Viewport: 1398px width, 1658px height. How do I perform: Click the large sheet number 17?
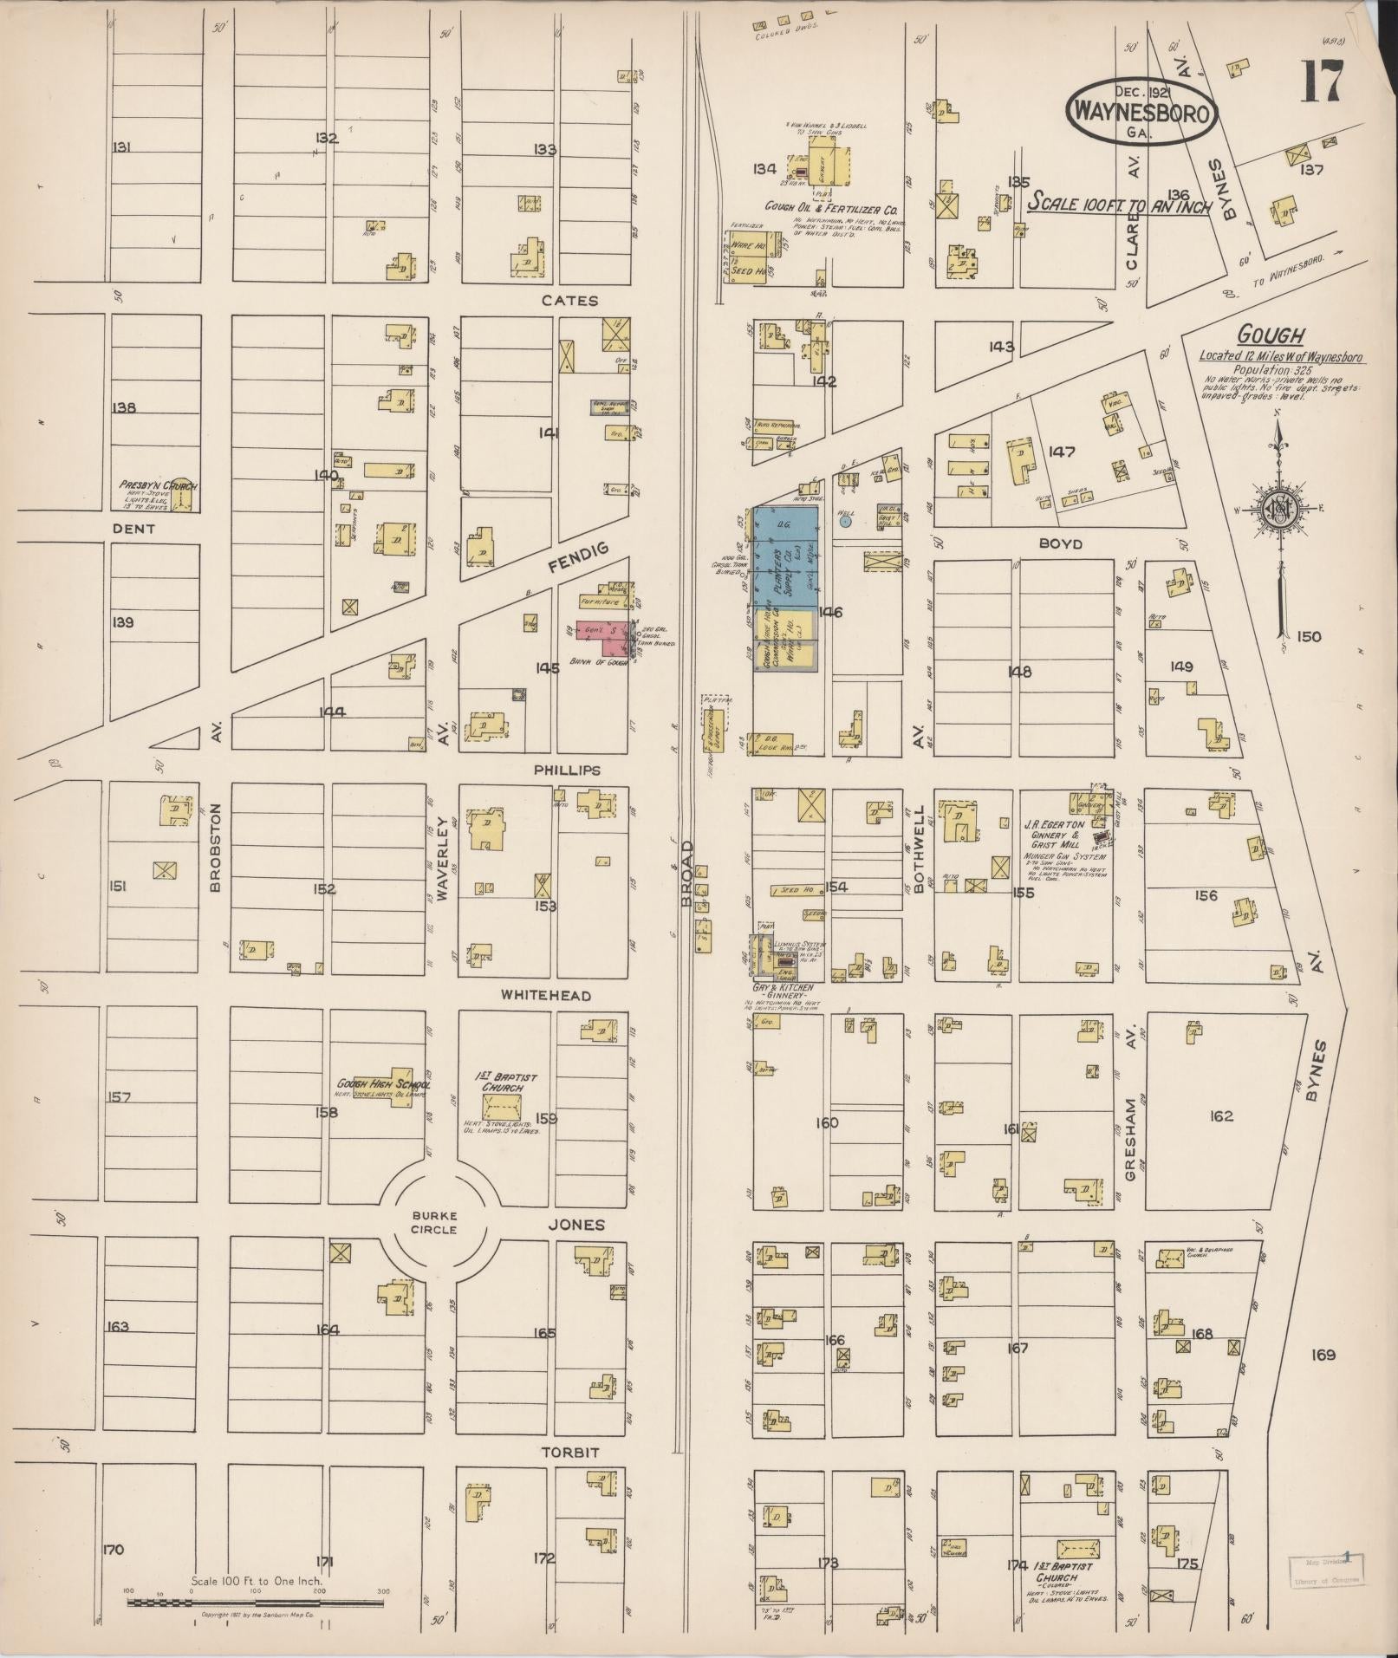(x=1321, y=82)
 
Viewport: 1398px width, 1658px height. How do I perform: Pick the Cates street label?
(x=569, y=301)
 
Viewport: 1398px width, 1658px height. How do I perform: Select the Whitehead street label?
(x=546, y=996)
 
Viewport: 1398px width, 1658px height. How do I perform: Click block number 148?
(x=1020, y=671)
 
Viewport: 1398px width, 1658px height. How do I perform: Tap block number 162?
(x=1220, y=1116)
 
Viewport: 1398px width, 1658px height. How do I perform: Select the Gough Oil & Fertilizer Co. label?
(x=830, y=210)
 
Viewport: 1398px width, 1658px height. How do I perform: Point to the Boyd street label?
(x=1059, y=544)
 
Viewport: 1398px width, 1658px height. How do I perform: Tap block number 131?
(x=121, y=148)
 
